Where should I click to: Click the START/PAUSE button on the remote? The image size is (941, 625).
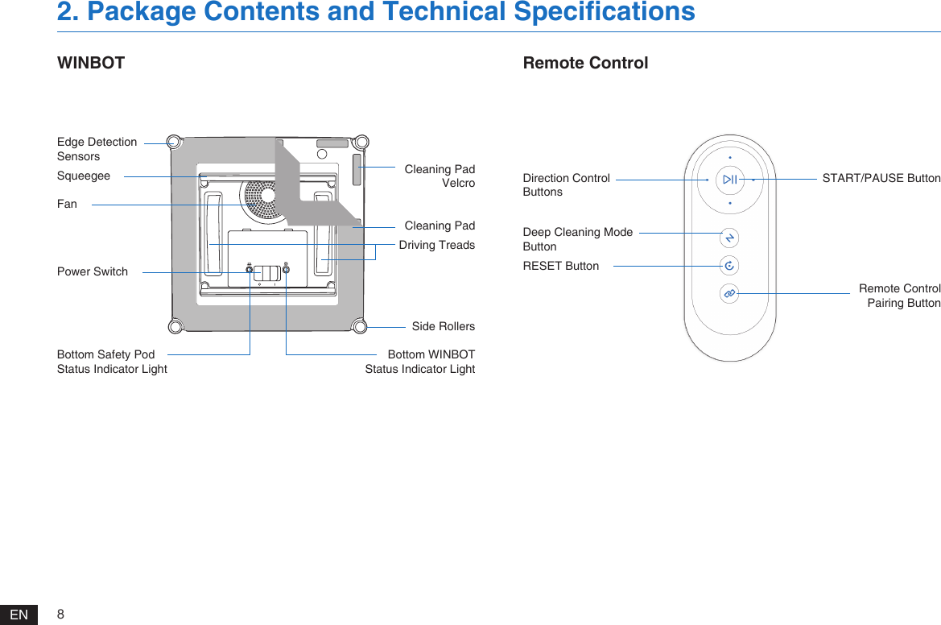(x=729, y=180)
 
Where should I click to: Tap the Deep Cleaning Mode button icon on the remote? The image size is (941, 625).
(x=729, y=238)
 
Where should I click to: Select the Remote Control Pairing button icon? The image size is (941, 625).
(x=729, y=294)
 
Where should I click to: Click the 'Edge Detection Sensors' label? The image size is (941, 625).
(x=97, y=149)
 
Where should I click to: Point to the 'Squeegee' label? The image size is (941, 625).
(x=84, y=176)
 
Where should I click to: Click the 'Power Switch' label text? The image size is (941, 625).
(x=93, y=271)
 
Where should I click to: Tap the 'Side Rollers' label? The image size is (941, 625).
(x=443, y=326)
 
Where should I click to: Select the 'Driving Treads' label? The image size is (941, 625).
(x=436, y=245)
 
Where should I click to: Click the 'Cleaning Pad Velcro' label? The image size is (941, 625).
(x=440, y=176)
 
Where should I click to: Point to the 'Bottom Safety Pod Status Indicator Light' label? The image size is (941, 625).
(x=112, y=362)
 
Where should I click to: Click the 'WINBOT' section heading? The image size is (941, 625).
(x=91, y=63)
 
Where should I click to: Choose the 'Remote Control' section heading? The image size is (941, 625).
(x=585, y=63)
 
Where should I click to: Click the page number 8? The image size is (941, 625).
(x=61, y=615)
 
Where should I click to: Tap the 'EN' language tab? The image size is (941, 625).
(x=19, y=615)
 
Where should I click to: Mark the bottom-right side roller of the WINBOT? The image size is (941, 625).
(x=360, y=326)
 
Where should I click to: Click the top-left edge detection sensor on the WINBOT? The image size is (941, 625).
(x=173, y=142)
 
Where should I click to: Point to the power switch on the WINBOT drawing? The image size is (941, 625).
(x=266, y=273)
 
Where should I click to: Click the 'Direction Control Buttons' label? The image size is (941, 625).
(x=566, y=184)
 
